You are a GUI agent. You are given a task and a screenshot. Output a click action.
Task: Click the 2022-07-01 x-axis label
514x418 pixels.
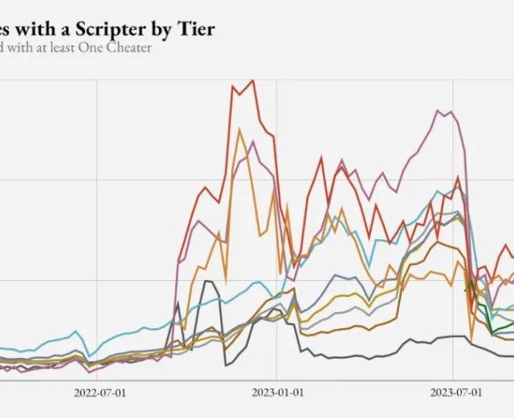100,393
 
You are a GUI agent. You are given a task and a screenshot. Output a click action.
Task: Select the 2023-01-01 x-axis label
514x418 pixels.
276,393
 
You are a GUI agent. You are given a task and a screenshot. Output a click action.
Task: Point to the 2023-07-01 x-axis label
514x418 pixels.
456,393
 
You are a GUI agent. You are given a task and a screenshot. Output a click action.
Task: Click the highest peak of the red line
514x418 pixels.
253,80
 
